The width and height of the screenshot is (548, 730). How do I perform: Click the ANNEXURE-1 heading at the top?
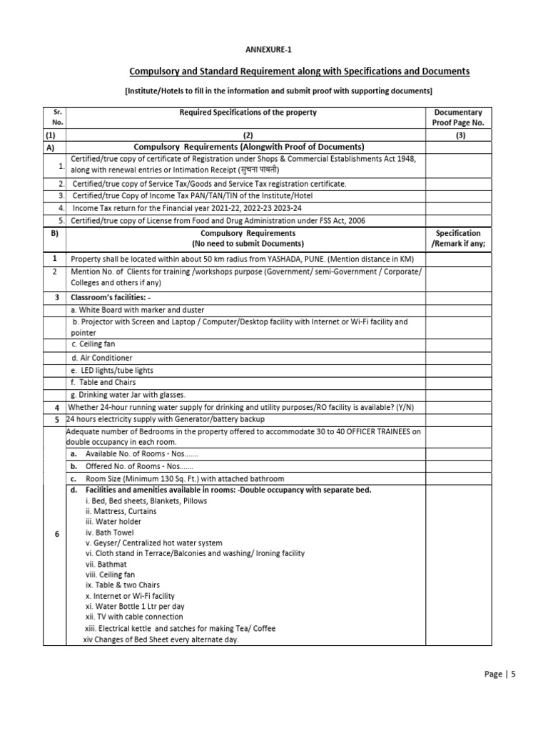tap(269, 49)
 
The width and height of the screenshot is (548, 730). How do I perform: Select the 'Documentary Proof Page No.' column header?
tap(458, 117)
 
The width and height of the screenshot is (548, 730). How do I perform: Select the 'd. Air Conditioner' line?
tap(101, 358)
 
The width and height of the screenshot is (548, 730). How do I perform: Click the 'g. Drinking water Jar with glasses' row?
tap(128, 395)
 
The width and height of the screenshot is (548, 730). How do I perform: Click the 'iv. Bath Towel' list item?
tap(109, 532)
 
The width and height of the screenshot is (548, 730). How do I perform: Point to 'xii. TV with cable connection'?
tap(133, 617)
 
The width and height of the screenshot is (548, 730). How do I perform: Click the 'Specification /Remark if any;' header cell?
tap(458, 238)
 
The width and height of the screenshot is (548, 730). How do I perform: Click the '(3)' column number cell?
tap(458, 135)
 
